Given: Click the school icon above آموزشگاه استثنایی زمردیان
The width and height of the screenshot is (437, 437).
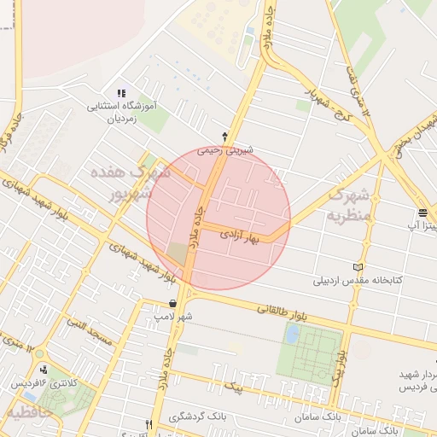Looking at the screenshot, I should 120,93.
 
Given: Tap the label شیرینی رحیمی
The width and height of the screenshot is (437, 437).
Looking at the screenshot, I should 221,149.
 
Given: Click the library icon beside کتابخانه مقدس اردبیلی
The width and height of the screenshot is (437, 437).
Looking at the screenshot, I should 358,266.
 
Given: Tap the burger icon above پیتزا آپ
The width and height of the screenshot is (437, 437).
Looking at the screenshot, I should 422,213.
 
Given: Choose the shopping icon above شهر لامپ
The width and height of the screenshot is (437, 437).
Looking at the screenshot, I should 173,303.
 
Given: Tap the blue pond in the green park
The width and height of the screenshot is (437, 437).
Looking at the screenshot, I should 292,334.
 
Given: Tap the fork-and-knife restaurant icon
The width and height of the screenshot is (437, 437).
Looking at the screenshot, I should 149,424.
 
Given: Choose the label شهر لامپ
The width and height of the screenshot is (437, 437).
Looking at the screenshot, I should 173,316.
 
